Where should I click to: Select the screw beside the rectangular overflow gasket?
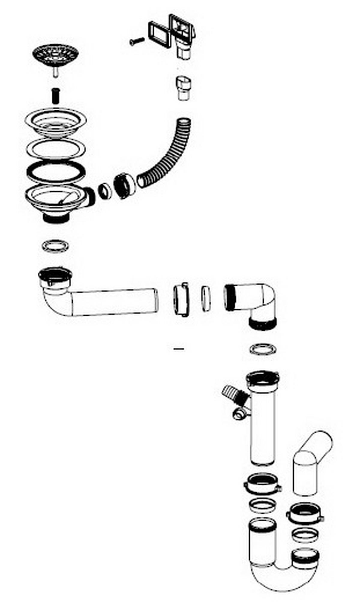pyautogui.click(x=137, y=41)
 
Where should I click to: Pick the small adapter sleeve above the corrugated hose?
pyautogui.click(x=183, y=88)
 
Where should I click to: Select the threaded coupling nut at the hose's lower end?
pyautogui.click(x=124, y=185)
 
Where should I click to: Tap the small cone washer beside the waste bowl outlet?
pyautogui.click(x=105, y=191)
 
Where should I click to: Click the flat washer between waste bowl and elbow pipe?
pyautogui.click(x=55, y=246)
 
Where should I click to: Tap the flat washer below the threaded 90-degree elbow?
pyautogui.click(x=263, y=349)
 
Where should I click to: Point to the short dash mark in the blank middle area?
pyautogui.click(x=179, y=349)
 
